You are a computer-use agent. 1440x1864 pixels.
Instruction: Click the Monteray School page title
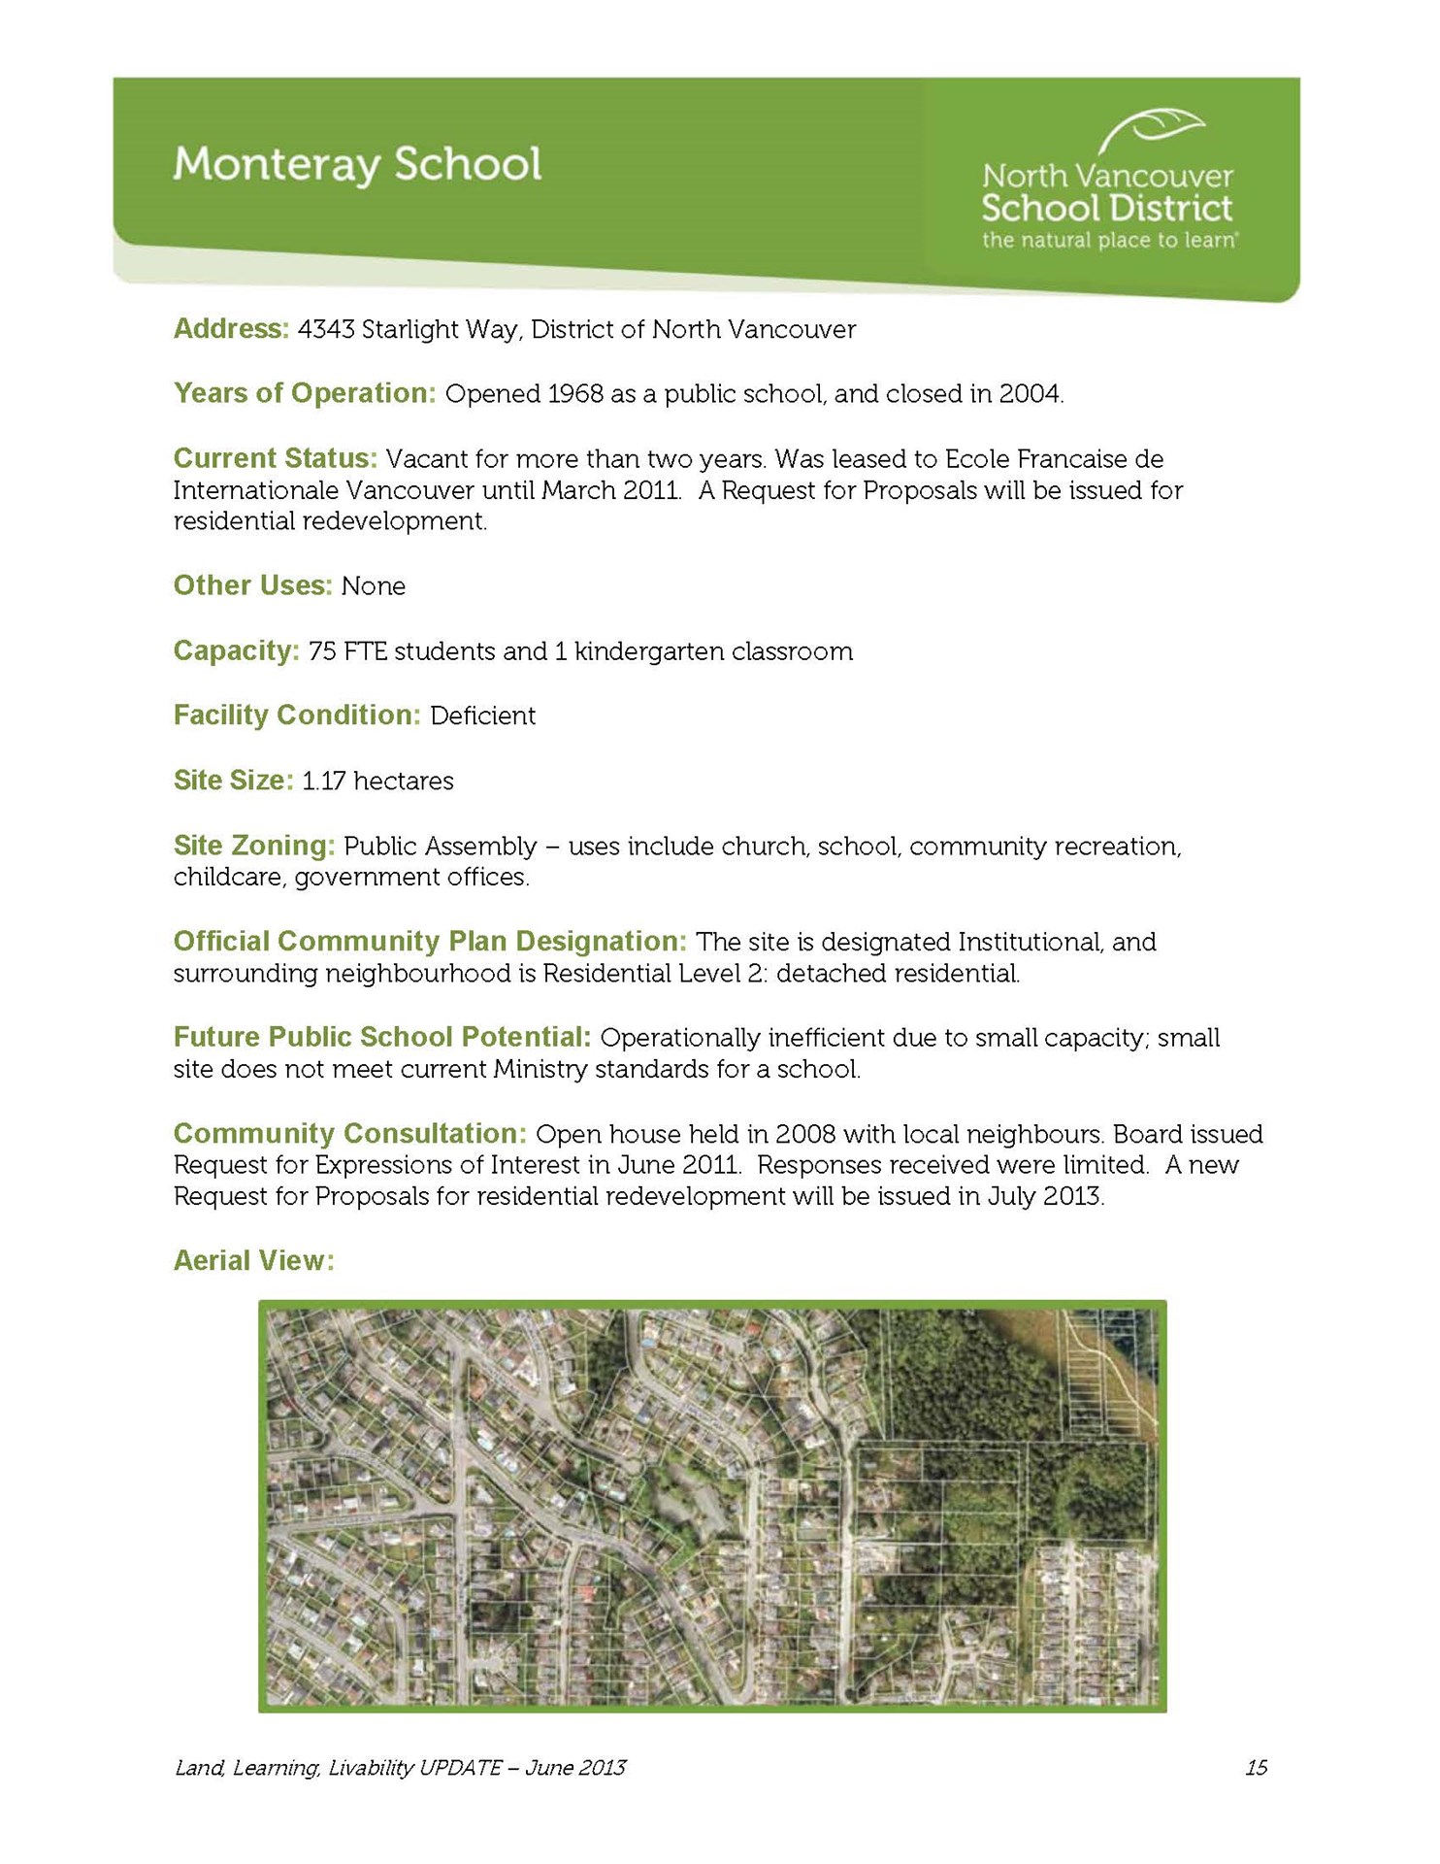tap(357, 164)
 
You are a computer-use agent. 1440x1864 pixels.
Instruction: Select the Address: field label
tap(231, 329)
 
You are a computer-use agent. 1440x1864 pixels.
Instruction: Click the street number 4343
tap(326, 330)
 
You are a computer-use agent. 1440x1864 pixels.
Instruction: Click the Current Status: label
tap(275, 458)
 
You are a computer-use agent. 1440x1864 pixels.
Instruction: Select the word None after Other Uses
tap(374, 586)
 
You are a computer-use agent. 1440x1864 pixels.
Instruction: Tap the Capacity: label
tap(236, 650)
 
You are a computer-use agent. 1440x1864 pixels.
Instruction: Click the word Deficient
tap(482, 716)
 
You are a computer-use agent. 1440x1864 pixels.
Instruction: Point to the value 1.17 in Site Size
tap(323, 782)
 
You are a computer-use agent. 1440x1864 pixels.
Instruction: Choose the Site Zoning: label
tap(253, 846)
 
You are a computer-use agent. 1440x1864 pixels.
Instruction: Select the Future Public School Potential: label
tap(381, 1037)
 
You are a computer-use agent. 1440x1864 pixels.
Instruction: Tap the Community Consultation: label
tap(349, 1133)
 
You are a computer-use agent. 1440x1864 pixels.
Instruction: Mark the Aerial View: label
tap(253, 1260)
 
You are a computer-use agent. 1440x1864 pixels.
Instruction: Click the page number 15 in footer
tap(1256, 1768)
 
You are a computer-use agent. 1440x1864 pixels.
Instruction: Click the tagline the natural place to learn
tap(1108, 240)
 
